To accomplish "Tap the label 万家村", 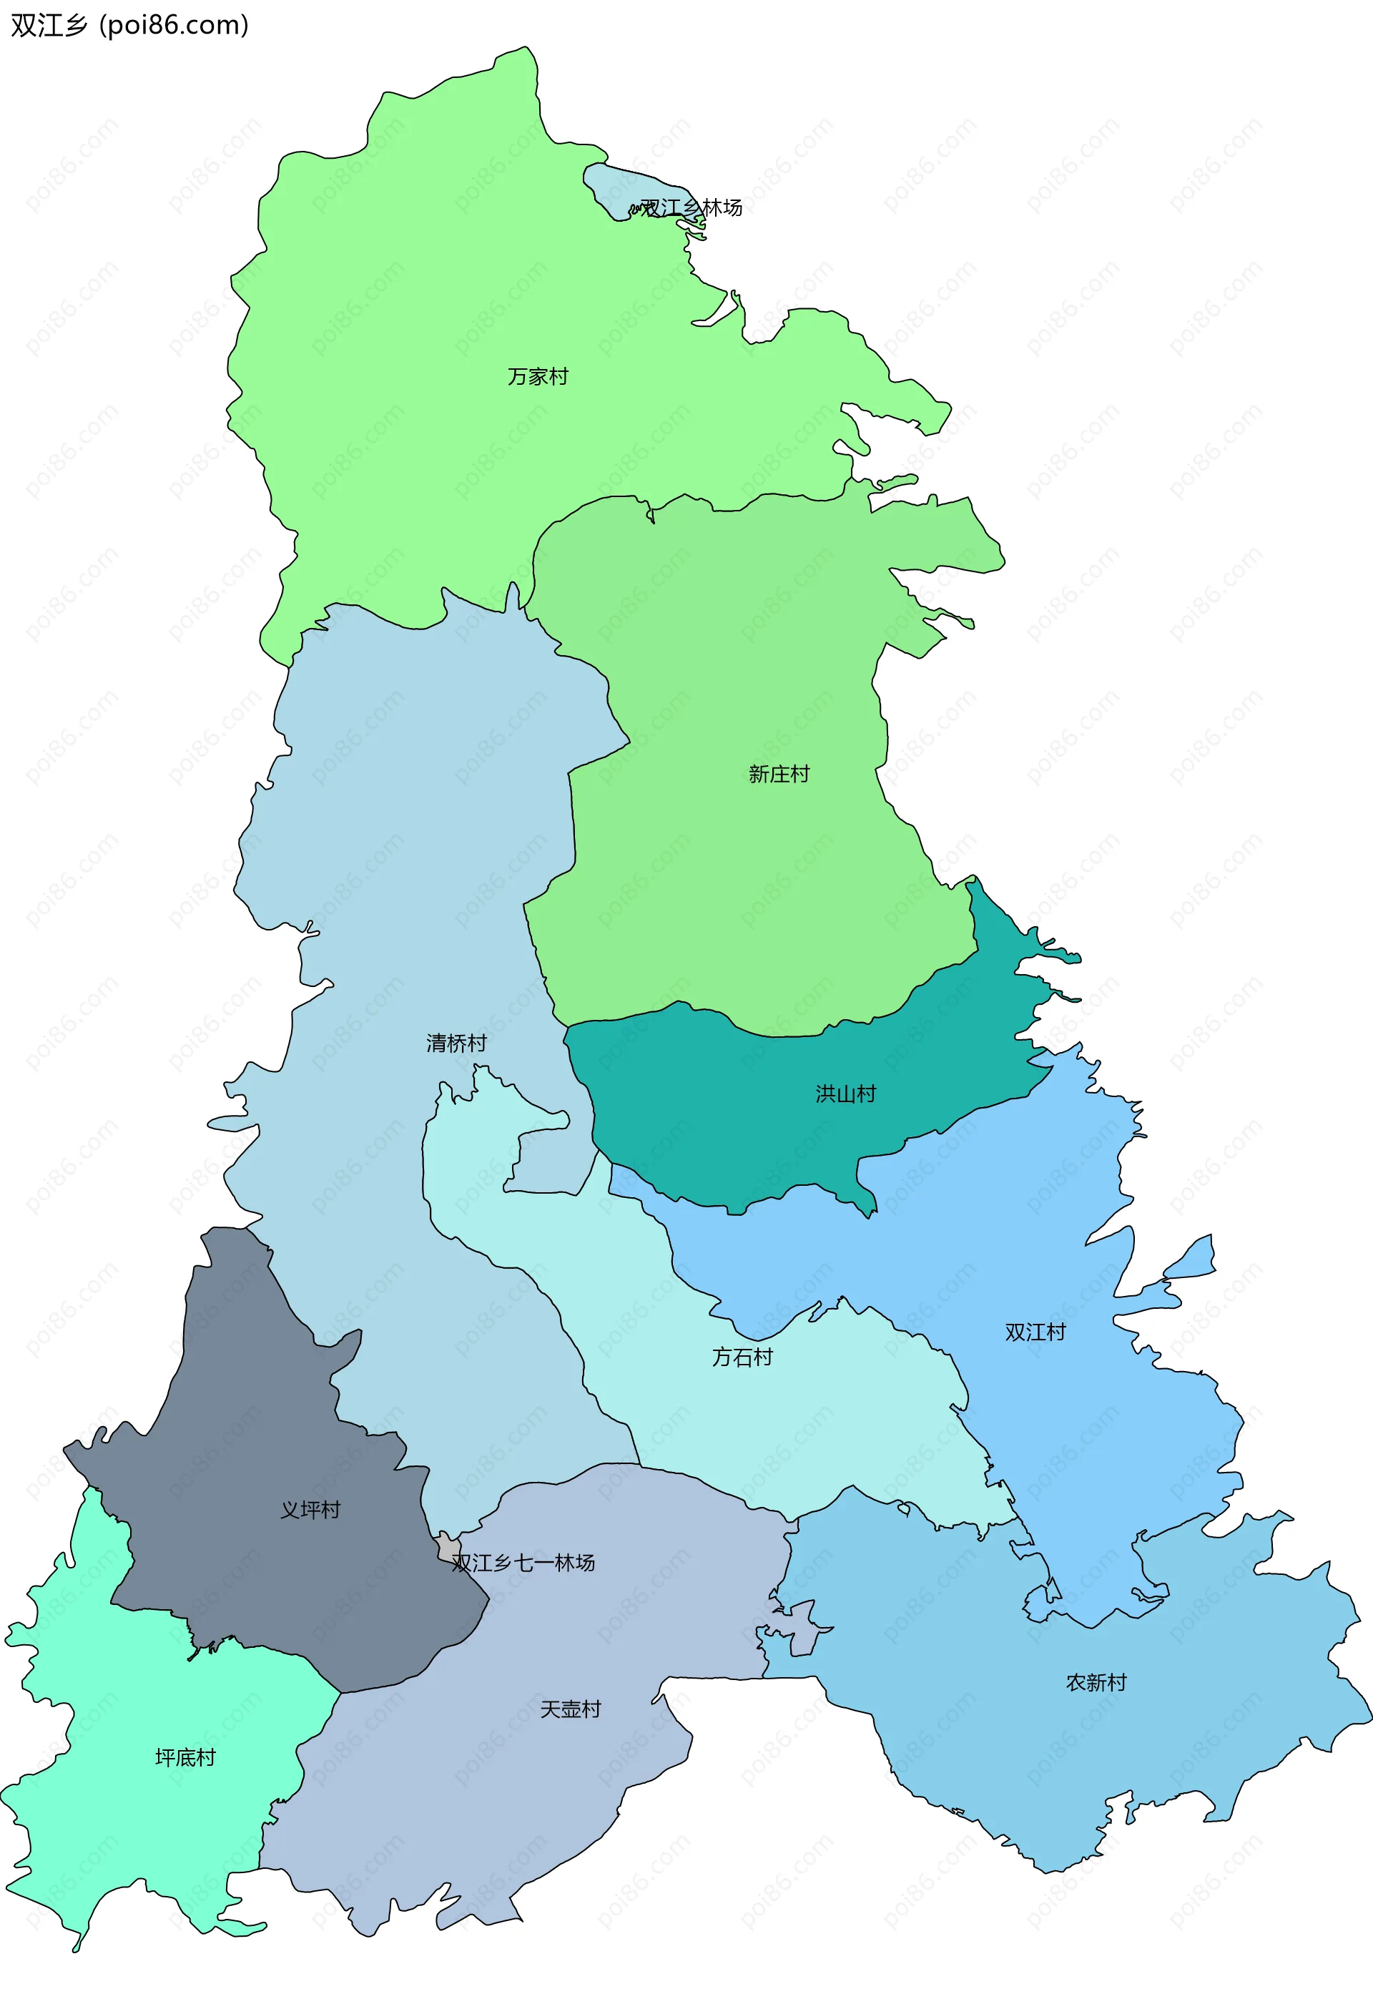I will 538,377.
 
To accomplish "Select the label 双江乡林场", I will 691,207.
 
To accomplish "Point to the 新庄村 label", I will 779,774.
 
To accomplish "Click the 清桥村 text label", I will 457,1043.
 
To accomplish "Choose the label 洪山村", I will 846,1094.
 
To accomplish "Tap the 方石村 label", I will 742,1357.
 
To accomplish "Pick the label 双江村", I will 1035,1332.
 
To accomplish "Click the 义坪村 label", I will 310,1510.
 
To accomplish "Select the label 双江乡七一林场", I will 523,1563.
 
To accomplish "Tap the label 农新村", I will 1096,1682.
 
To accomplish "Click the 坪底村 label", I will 185,1757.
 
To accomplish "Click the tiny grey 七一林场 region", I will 448,1548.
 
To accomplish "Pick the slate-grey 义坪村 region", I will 258,1419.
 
